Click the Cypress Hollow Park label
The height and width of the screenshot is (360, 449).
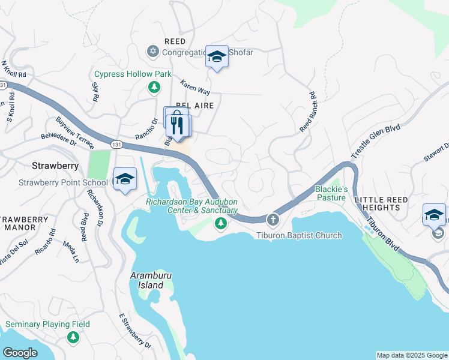[x=133, y=74]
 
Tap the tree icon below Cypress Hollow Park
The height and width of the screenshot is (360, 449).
[x=154, y=88]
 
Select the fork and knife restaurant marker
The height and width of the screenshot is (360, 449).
[x=176, y=125]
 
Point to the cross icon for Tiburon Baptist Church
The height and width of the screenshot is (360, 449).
[x=273, y=220]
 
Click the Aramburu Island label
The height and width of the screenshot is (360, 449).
[x=151, y=280]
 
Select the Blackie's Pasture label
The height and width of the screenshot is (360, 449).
[x=331, y=193]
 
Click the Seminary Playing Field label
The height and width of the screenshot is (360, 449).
[x=47, y=325]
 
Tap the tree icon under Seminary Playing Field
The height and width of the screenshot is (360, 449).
[x=73, y=338]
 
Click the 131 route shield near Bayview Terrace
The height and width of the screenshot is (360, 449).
[x=116, y=145]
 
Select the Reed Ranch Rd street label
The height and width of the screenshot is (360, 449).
[x=307, y=112]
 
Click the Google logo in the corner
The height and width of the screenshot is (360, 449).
[x=20, y=353]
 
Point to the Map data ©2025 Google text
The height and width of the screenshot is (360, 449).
[x=411, y=355]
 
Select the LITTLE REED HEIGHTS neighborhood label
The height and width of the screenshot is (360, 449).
[x=381, y=203]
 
